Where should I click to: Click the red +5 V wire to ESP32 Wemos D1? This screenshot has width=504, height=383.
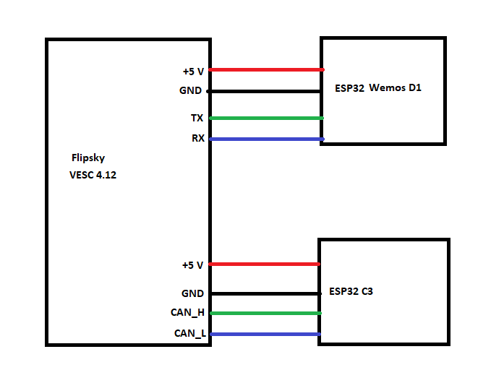pyautogui.click(x=266, y=70)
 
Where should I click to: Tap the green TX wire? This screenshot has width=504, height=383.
pyautogui.click(x=266, y=118)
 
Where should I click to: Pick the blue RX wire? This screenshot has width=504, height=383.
pyautogui.click(x=266, y=139)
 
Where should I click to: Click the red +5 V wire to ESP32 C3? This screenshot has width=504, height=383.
pyautogui.click(x=265, y=264)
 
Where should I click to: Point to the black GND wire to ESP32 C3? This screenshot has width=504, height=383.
pyautogui.click(x=265, y=293)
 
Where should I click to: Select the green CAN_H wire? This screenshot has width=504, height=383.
pyautogui.click(x=265, y=313)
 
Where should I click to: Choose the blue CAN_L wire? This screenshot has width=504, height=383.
pyautogui.click(x=265, y=334)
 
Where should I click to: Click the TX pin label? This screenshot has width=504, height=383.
pyautogui.click(x=197, y=118)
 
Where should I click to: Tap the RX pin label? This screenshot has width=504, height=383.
pyautogui.click(x=197, y=139)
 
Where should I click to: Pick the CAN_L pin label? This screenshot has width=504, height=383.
pyautogui.click(x=189, y=334)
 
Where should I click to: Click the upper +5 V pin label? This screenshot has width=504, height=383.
pyautogui.click(x=193, y=71)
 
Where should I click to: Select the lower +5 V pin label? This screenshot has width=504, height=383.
pyautogui.click(x=192, y=265)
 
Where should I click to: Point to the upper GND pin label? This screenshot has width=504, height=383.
pyautogui.click(x=191, y=92)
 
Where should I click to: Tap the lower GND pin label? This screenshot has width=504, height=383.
pyautogui.click(x=192, y=293)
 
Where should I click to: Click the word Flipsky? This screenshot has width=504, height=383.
pyautogui.click(x=88, y=158)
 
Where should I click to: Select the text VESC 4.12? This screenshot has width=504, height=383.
pyautogui.click(x=93, y=175)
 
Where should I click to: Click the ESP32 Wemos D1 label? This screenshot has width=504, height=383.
pyautogui.click(x=378, y=89)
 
